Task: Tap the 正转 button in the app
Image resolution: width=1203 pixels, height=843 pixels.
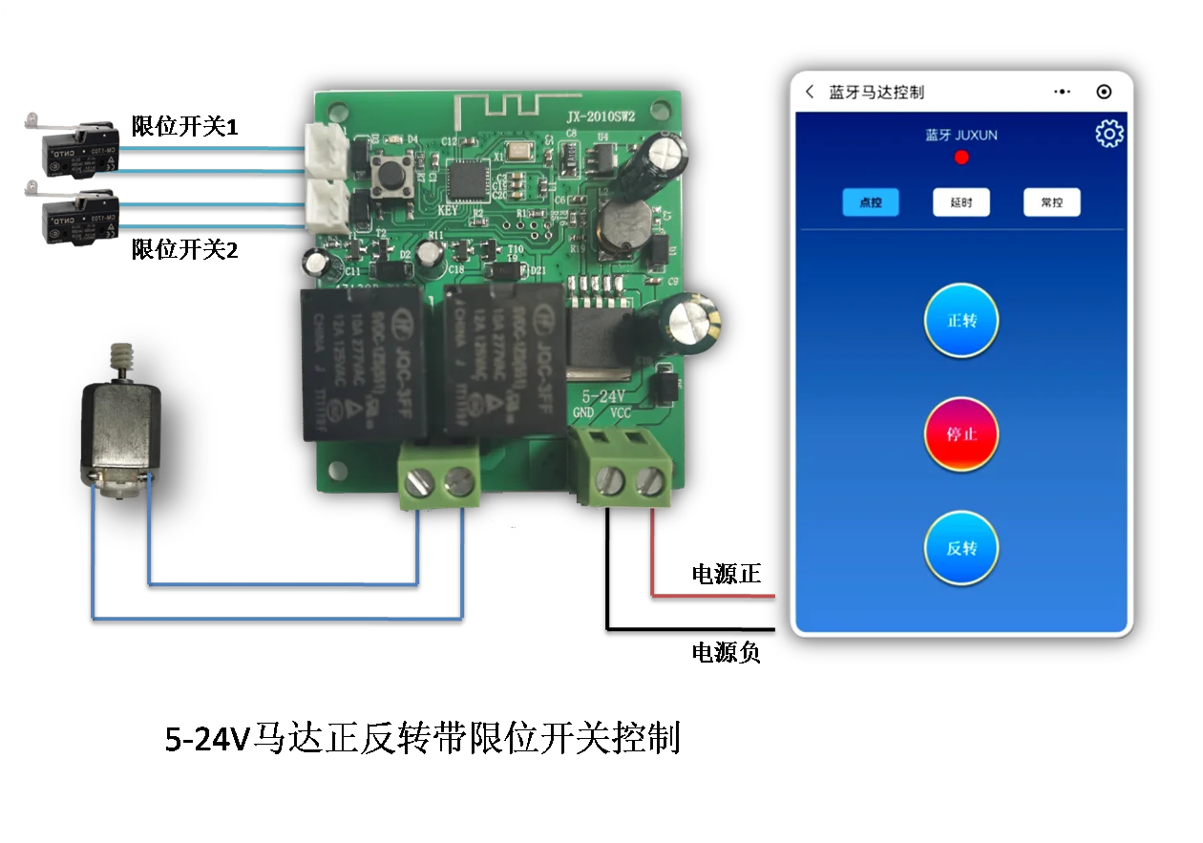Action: [x=960, y=321]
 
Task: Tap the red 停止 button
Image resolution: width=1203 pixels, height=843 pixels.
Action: [x=960, y=434]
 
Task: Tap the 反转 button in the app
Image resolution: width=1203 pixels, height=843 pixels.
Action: [x=960, y=549]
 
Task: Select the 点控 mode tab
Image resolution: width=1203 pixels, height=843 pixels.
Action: [x=870, y=202]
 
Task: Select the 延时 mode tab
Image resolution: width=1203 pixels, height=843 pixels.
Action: [x=960, y=202]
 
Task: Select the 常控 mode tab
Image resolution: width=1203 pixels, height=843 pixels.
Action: [x=1051, y=202]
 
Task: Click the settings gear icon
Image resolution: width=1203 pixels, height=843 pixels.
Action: [x=1108, y=134]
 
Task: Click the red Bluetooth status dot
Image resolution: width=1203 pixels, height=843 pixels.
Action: [x=961, y=158]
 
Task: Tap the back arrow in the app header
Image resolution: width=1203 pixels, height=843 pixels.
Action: [x=810, y=92]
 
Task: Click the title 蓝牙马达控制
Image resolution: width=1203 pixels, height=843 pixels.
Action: [x=876, y=93]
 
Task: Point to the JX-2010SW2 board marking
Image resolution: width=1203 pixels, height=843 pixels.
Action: [x=601, y=116]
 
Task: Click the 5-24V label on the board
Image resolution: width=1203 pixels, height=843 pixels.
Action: [x=602, y=394]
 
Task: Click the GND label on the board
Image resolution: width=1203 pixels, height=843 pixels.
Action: [x=583, y=412]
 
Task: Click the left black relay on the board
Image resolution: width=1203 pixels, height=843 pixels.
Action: [x=363, y=364]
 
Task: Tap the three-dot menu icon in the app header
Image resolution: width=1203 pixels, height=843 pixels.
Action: [x=1062, y=92]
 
